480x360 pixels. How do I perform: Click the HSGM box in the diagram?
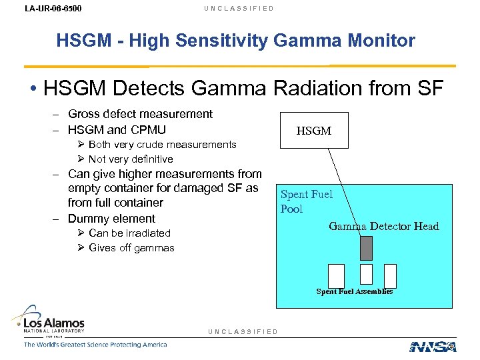[313, 131]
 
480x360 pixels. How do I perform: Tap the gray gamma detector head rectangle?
[366, 248]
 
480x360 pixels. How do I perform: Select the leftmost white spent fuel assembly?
[337, 275]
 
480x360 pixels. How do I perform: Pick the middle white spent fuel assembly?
[366, 275]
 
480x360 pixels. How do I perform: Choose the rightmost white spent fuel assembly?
[390, 275]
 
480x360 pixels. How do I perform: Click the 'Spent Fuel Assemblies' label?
[354, 291]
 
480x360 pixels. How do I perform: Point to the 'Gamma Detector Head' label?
[383, 226]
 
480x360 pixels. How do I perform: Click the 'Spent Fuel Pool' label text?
[306, 201]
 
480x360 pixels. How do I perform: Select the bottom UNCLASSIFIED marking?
[243, 331]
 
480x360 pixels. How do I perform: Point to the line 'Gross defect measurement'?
[140, 114]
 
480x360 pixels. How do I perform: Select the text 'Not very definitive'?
[130, 159]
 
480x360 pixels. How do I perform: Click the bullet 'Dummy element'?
[111, 219]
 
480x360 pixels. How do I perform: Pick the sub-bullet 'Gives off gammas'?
[131, 248]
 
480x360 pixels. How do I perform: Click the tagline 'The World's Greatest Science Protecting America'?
[95, 345]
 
